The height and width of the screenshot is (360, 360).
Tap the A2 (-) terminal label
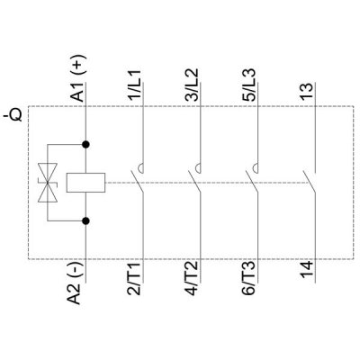coord(76,283)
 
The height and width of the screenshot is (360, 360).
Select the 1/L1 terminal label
coord(134,85)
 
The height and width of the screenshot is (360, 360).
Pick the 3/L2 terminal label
coord(191,85)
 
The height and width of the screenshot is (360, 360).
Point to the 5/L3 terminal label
coord(248,85)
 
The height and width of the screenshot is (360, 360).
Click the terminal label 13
coord(306,92)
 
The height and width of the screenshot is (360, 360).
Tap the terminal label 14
coord(306,270)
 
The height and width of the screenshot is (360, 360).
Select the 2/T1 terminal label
coord(134,278)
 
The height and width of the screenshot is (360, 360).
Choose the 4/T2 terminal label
coord(191,278)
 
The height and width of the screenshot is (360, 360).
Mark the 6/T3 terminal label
coord(248,278)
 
